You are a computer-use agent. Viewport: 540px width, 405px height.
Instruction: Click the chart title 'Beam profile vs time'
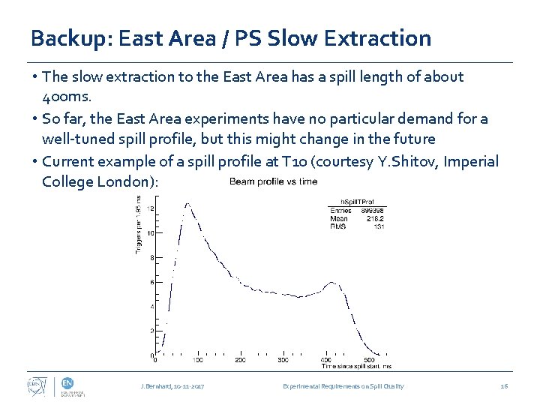[x=273, y=181]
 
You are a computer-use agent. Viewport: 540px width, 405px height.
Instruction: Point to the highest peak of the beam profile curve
[x=186, y=204]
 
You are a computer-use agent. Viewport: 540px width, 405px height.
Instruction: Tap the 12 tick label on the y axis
[x=152, y=208]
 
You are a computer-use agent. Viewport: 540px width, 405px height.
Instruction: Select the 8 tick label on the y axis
[x=153, y=257]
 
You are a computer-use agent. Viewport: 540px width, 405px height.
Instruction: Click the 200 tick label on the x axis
[x=240, y=361]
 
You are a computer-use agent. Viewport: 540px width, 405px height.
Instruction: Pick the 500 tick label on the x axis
[x=368, y=361]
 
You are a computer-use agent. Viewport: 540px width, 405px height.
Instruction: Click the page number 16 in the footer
[x=504, y=386]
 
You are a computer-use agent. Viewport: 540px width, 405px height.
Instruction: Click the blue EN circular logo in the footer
[x=67, y=382]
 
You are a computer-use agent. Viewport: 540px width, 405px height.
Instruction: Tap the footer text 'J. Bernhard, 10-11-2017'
[x=172, y=386]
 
